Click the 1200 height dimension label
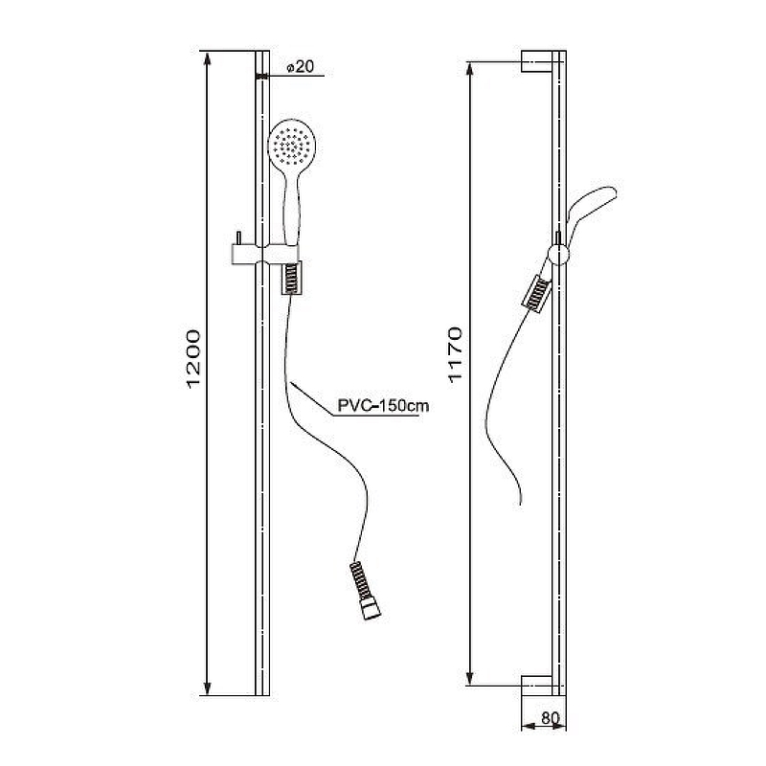(194, 359)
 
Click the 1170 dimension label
(455, 354)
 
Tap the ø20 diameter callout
(300, 66)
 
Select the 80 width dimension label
(550, 717)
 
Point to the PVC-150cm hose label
(383, 405)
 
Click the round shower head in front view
(292, 145)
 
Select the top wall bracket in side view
(537, 61)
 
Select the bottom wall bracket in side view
(537, 686)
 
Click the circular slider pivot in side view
(558, 255)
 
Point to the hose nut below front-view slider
(292, 278)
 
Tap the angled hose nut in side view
(537, 294)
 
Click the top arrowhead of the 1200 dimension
(207, 58)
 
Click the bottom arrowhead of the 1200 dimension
(207, 687)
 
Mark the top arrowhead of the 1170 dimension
(470, 69)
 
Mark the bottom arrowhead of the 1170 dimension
(470, 678)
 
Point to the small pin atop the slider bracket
(238, 237)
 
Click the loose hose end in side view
(521, 502)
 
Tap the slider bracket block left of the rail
(244, 255)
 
